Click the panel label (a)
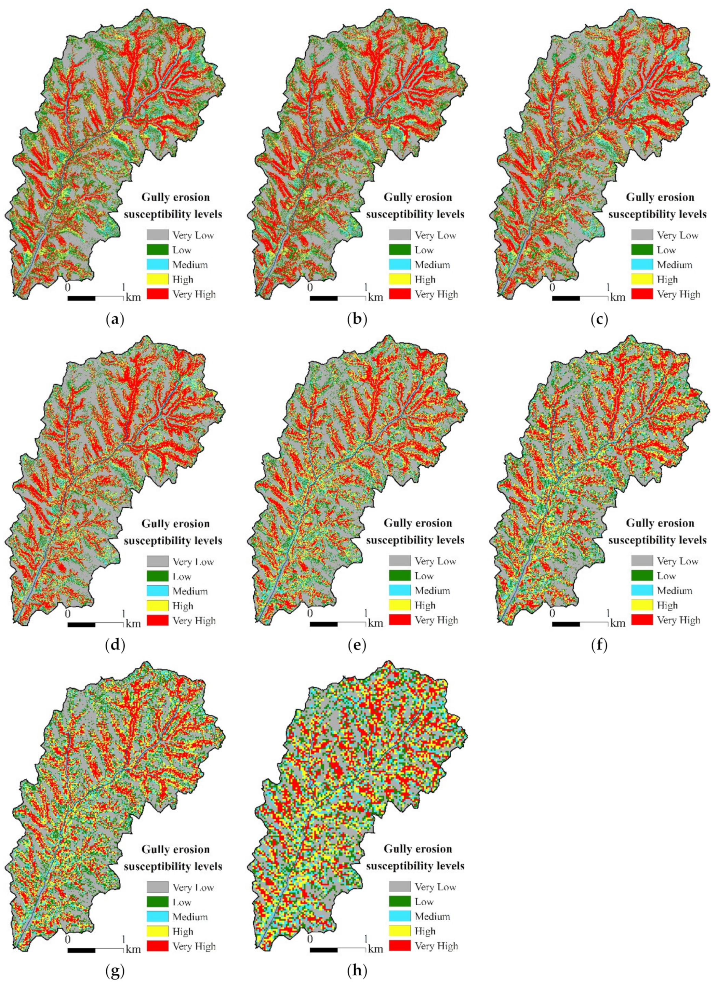(x=115, y=320)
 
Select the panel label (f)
(x=599, y=646)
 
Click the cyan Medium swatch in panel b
(x=399, y=265)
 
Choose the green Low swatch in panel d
(x=157, y=576)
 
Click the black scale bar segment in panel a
(x=81, y=298)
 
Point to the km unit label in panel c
(x=617, y=298)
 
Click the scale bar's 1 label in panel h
(x=366, y=939)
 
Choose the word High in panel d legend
(x=182, y=606)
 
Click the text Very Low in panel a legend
(x=193, y=236)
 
